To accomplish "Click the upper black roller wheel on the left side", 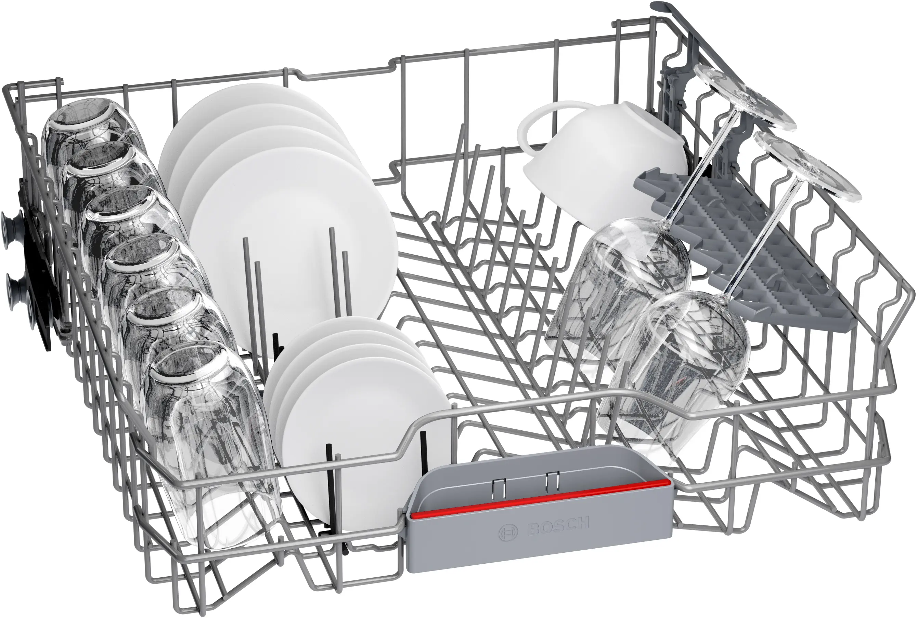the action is click(12, 224).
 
